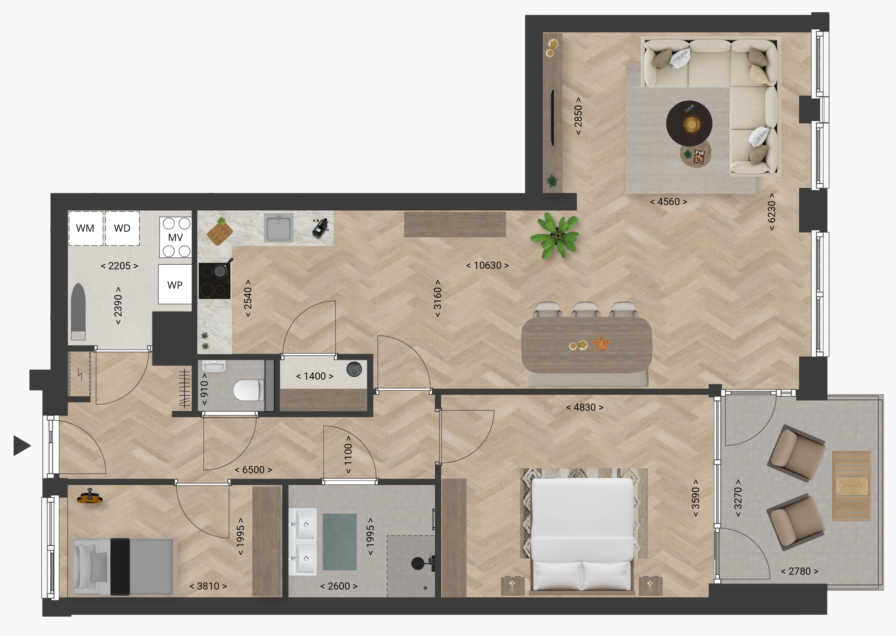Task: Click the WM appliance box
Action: pos(85,228)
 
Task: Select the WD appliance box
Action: pos(122,228)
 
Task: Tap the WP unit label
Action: pos(175,285)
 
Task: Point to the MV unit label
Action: pos(175,238)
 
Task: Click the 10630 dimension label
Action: pos(487,266)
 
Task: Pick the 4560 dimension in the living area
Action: pos(668,202)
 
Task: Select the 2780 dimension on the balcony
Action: pos(800,571)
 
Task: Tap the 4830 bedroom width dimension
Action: pos(584,407)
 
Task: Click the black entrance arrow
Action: pos(22,446)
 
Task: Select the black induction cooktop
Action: pos(214,281)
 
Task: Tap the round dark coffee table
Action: pos(689,123)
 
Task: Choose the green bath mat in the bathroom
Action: pos(339,542)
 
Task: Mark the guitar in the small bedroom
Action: pos(90,498)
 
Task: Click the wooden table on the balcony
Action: pos(852,485)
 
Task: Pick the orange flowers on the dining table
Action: pos(601,343)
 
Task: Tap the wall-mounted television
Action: pos(553,118)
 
